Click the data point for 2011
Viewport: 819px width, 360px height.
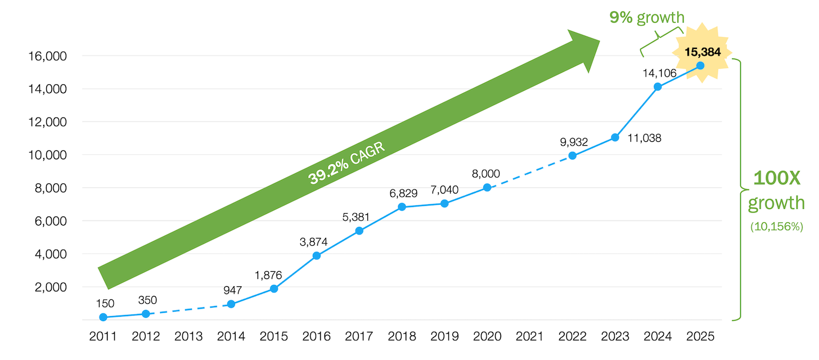tap(103, 317)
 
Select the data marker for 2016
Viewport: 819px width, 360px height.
tap(317, 255)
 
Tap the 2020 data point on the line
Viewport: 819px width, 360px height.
tap(487, 187)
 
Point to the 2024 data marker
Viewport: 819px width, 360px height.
tap(658, 87)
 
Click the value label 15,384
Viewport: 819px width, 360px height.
tap(702, 52)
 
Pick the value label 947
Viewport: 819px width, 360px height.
tap(232, 291)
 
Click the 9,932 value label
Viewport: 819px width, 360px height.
tap(573, 142)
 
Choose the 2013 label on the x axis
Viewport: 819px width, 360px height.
tap(188, 336)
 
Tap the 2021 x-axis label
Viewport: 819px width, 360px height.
tap(530, 336)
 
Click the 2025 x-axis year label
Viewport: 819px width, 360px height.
tap(700, 336)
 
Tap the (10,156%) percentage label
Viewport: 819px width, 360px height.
tap(776, 227)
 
